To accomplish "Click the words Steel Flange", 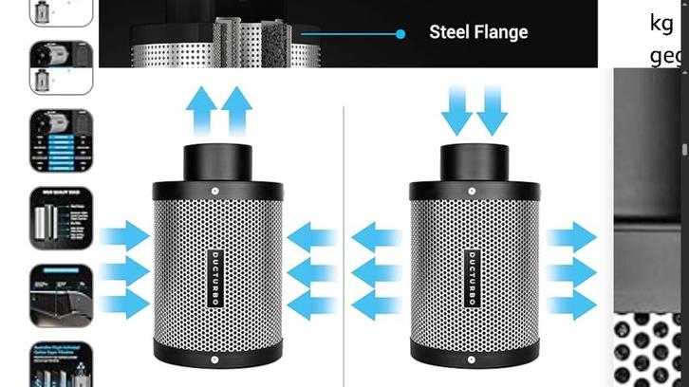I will coord(478,32).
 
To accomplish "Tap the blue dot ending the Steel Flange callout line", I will coord(400,33).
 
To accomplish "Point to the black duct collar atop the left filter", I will coord(218,158).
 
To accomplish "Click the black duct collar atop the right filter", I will coord(473,158).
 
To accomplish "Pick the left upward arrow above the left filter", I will coord(202,109).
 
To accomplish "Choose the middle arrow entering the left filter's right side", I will coord(311,271).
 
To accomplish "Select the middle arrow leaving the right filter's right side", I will coord(571,271).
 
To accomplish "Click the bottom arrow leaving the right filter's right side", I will coord(571,305).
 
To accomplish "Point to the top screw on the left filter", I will coord(215,191).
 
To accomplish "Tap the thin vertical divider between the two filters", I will coord(344,237).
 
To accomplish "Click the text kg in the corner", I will coord(662,23).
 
